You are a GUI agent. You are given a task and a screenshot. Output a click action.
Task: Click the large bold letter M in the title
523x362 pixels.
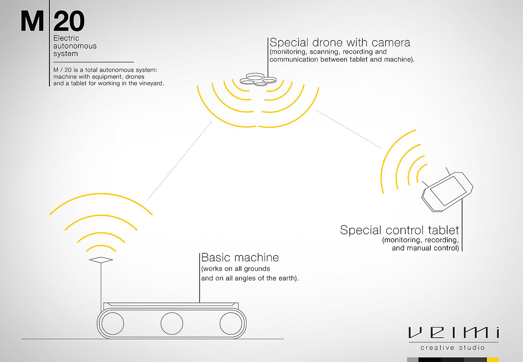point(33,22)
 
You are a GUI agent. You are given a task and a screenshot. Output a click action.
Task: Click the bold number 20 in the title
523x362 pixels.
point(69,22)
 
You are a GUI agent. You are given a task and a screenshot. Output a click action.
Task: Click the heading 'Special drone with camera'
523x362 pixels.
point(340,43)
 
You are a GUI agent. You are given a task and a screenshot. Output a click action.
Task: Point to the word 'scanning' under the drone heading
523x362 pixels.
point(324,52)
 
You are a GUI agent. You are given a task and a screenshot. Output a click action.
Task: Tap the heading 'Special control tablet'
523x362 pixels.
point(399,230)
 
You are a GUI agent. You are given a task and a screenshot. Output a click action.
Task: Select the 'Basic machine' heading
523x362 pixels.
point(240,258)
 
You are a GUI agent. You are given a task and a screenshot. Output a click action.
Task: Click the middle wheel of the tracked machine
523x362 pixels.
point(172,323)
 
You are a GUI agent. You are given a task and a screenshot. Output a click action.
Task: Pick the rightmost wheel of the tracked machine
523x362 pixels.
point(231,323)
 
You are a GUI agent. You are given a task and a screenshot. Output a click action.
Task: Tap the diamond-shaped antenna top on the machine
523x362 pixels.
point(101,260)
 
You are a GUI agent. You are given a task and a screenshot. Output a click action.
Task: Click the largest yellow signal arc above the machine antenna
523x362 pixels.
point(101,194)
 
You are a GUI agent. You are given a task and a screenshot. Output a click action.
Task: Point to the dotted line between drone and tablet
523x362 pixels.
point(349,129)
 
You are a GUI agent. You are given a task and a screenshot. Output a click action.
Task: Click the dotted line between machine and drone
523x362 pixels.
point(179,161)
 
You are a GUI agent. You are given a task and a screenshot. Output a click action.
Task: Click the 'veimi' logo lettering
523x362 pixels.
point(454,332)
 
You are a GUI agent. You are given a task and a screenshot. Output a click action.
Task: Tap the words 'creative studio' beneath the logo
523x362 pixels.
point(452,348)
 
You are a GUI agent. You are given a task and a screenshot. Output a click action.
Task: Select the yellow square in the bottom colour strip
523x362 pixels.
point(493,360)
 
